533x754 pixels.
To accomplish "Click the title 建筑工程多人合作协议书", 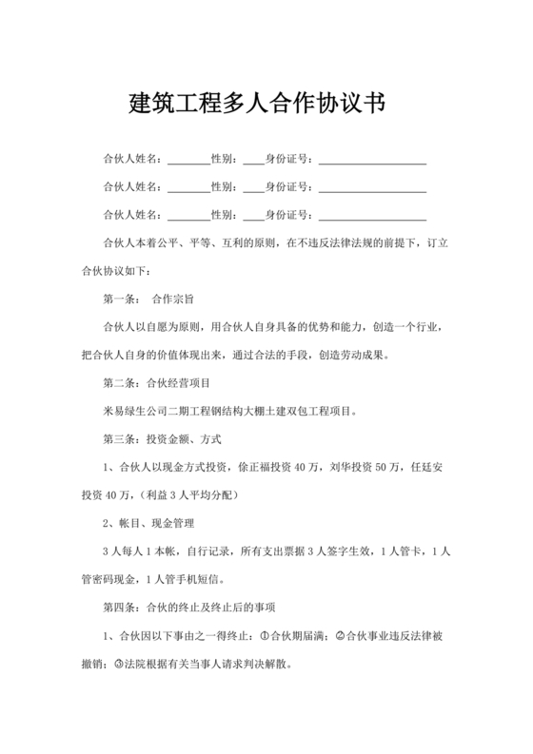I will [256, 104].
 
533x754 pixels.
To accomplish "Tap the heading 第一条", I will [120, 300].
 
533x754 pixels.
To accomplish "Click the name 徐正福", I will [254, 468].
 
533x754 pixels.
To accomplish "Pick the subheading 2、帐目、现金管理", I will [148, 524].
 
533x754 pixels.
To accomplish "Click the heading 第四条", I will [120, 608].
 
